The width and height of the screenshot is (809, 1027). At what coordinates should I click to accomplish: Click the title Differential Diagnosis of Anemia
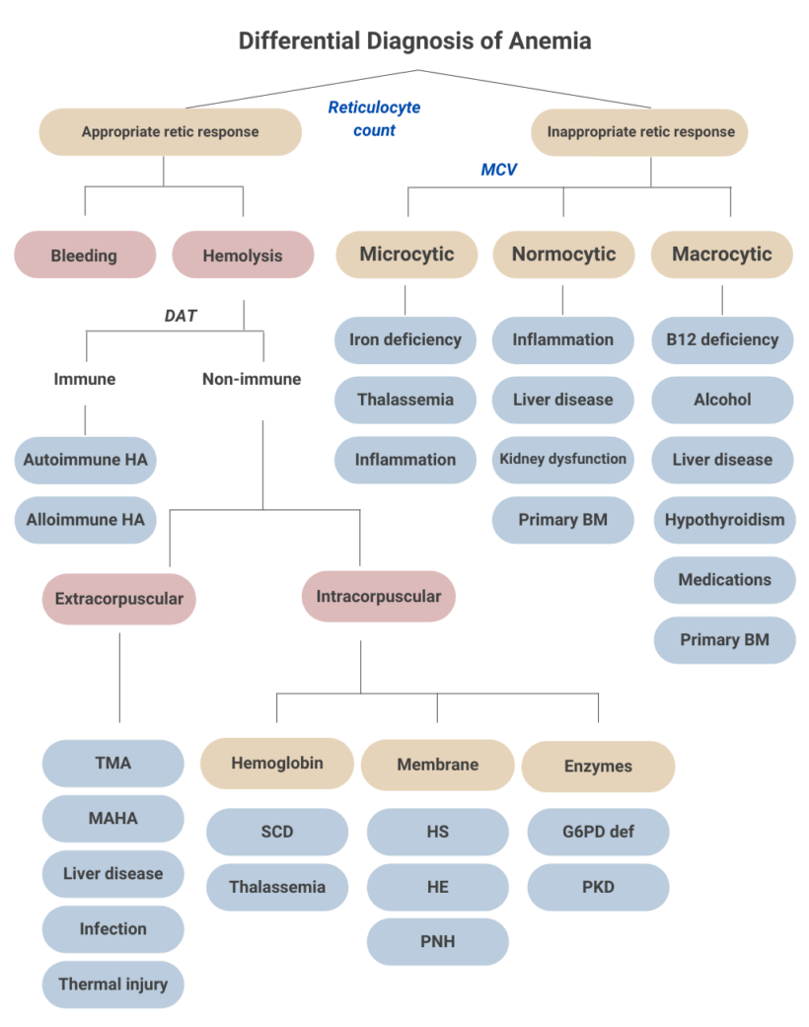pos(414,40)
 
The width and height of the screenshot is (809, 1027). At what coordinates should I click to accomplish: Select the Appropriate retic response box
pos(170,132)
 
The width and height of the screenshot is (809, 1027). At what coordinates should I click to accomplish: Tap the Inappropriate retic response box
pos(640,132)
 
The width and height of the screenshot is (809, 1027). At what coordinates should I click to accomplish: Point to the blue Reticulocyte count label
pos(374,119)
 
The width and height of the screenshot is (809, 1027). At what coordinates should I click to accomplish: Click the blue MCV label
pos(498,170)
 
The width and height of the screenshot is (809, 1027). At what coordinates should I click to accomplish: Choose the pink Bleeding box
pos(85,256)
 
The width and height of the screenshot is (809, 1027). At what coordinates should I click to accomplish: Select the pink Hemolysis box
pos(243,256)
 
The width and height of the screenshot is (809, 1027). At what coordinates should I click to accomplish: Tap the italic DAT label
pos(181,316)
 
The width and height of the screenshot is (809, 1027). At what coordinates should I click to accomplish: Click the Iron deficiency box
pos(405,340)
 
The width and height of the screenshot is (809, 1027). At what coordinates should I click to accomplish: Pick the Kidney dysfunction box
pos(563,460)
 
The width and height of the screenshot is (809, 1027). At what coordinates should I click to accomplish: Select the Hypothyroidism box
pos(724,520)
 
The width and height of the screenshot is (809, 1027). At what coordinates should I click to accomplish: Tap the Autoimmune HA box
pos(86,460)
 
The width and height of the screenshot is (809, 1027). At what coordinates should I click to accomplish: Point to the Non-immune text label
pos(252,379)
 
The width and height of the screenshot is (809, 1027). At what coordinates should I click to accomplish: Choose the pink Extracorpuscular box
pos(119,599)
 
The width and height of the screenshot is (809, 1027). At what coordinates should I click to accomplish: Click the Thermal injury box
pos(113,985)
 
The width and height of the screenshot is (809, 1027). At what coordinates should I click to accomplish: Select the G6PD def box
pos(598,832)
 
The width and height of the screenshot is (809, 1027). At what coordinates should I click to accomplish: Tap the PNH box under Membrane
pos(438,941)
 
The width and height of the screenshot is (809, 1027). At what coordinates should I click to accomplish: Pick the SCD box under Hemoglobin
pos(277,832)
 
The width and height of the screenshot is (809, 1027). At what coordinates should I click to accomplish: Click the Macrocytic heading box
pos(722,255)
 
